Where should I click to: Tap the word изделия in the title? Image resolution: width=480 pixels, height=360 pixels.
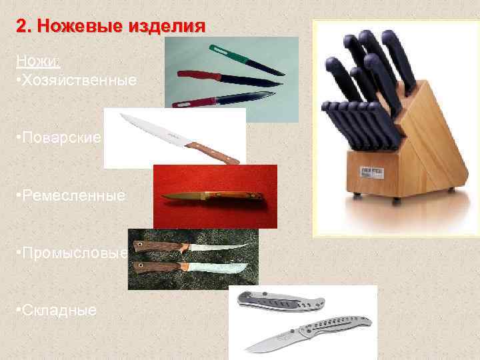point(167,27)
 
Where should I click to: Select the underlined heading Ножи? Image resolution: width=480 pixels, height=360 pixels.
point(37,61)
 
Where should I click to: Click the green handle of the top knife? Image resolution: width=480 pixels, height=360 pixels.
point(228,54)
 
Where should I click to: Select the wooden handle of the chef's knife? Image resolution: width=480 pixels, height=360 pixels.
point(212,153)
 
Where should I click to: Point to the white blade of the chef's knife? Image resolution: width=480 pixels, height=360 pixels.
point(155,129)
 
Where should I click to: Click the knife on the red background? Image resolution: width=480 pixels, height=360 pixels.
point(213,196)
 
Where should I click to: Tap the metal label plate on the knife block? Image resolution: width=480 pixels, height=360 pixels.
point(372,173)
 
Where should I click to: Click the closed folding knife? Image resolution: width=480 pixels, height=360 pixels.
point(281,301)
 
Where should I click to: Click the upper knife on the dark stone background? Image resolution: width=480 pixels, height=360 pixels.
point(191,247)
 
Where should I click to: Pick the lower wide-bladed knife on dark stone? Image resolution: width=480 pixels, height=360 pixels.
point(191,267)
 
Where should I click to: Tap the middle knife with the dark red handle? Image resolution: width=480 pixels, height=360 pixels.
point(229,79)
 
